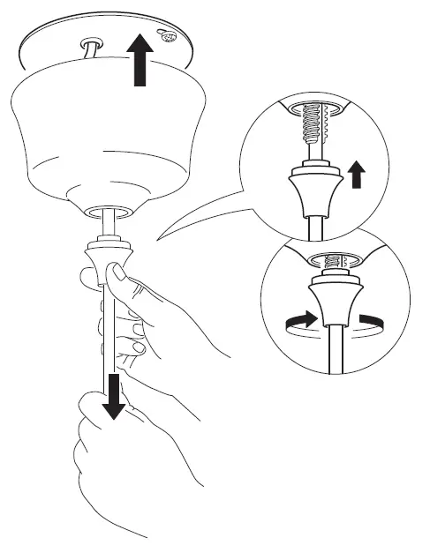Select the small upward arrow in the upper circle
tap(355, 174)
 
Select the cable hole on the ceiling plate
tap(89, 44)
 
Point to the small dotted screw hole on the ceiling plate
tap(168, 38)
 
